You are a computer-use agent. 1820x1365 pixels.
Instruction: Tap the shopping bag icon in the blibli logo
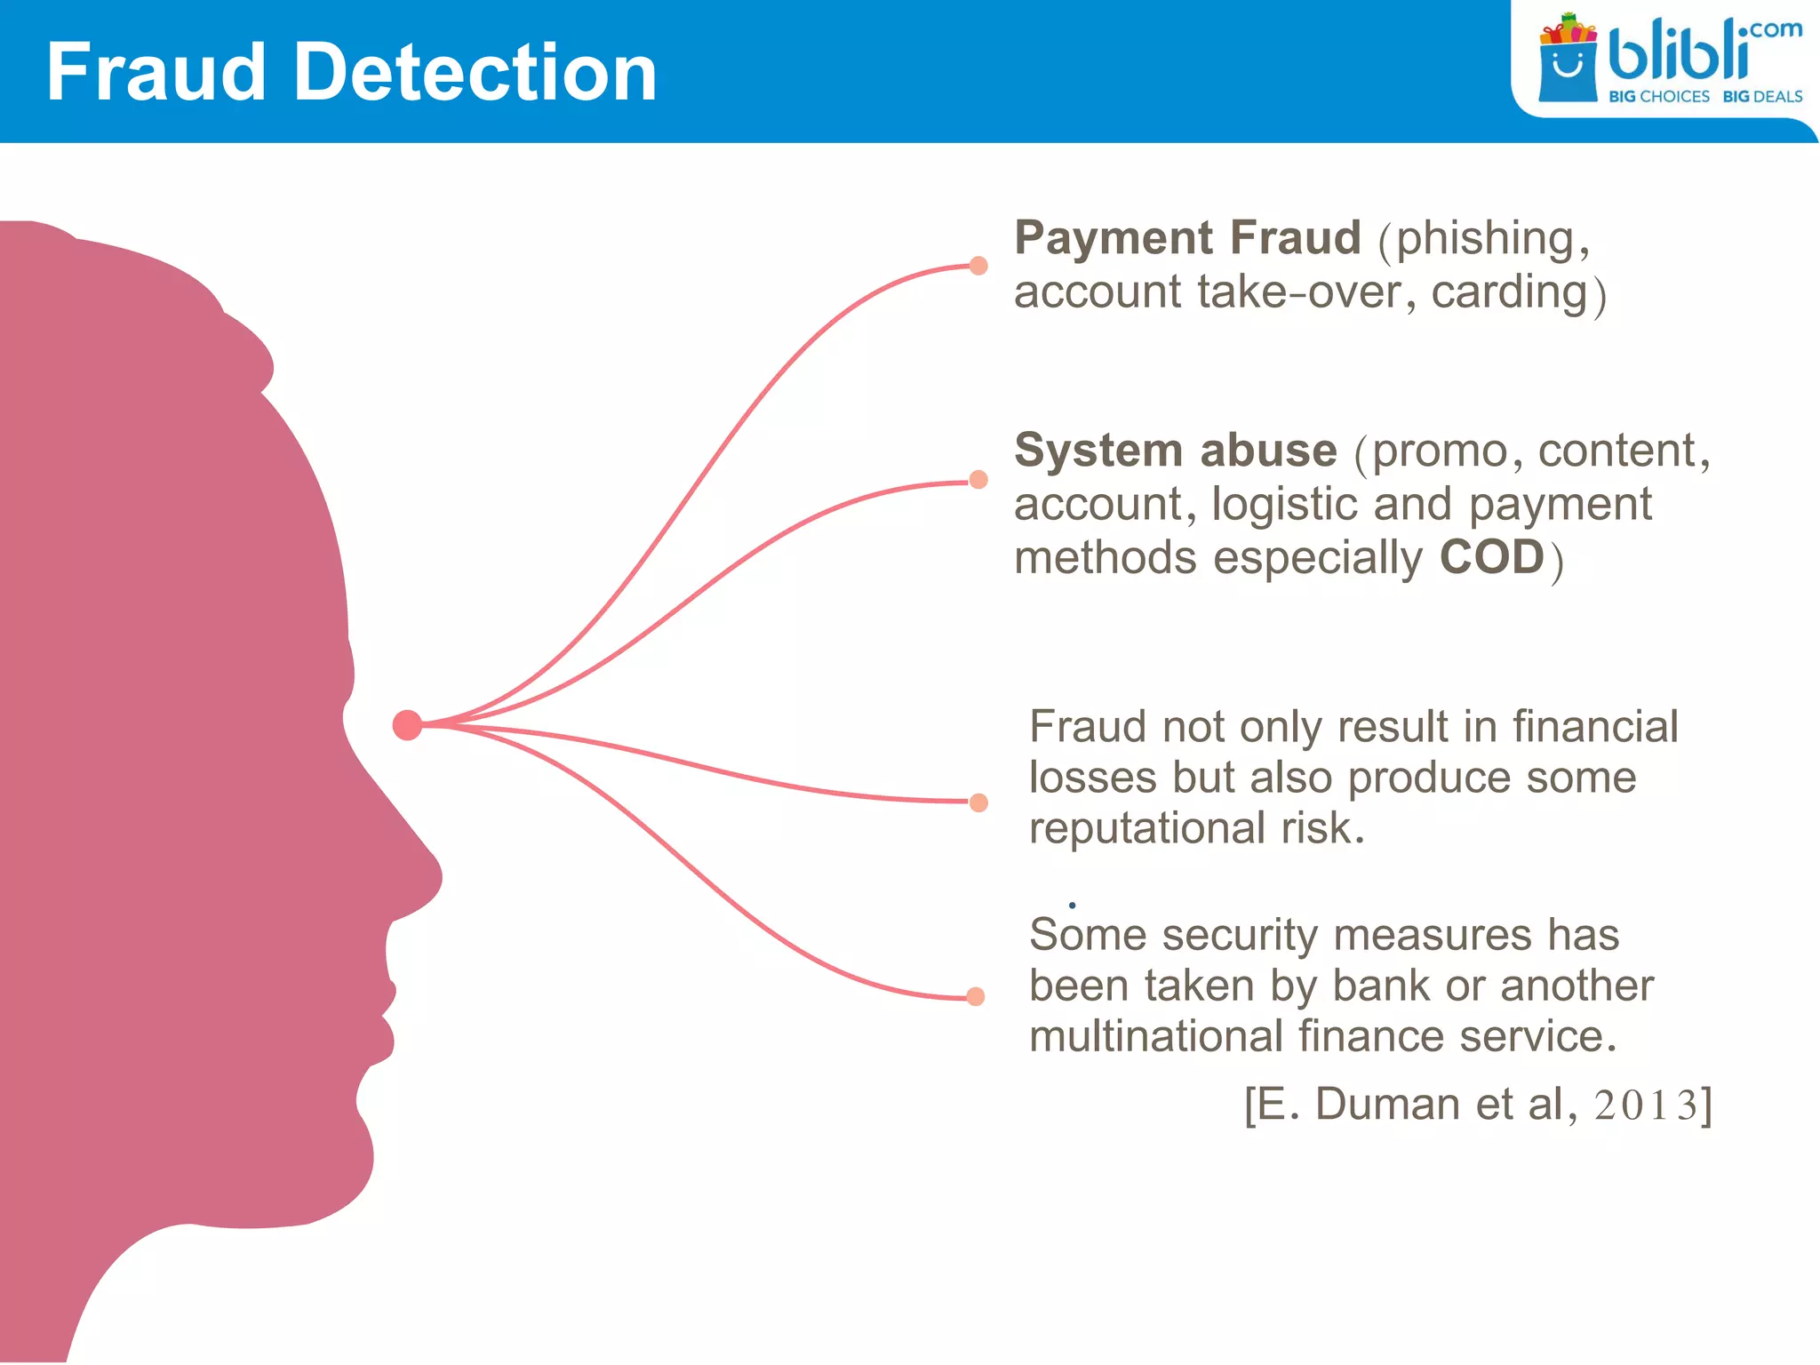tap(1568, 62)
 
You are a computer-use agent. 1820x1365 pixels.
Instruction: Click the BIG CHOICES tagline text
tap(1658, 96)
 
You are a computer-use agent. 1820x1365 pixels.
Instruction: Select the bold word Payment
tap(1114, 238)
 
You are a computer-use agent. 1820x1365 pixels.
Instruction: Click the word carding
tap(1509, 293)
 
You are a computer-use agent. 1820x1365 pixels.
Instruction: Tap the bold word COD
tap(1492, 558)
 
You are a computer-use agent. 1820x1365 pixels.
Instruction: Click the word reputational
tap(1147, 829)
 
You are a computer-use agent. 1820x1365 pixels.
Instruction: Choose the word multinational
tap(1156, 1037)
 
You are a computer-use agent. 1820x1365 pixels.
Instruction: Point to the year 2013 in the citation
tap(1647, 1106)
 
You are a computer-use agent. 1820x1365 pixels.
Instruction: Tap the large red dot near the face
tap(407, 725)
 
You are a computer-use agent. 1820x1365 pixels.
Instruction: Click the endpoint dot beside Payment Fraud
tap(978, 266)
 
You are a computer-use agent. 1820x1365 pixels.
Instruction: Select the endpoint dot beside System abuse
tap(978, 480)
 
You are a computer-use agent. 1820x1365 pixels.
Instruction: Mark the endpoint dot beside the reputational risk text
tap(978, 802)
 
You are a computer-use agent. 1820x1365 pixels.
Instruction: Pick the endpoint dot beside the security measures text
tap(976, 996)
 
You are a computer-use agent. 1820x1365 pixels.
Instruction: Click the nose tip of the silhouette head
tap(440, 874)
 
